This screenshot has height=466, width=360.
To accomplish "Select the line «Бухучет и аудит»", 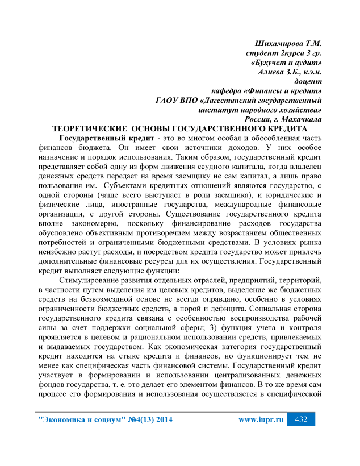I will pyautogui.click(x=287, y=63).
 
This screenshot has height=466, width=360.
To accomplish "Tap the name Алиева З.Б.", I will pyautogui.click(x=275, y=72).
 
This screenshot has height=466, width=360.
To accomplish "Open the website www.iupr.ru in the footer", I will pyautogui.click(x=261, y=420).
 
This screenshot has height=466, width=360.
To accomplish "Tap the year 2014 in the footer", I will pyautogui.click(x=161, y=420).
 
